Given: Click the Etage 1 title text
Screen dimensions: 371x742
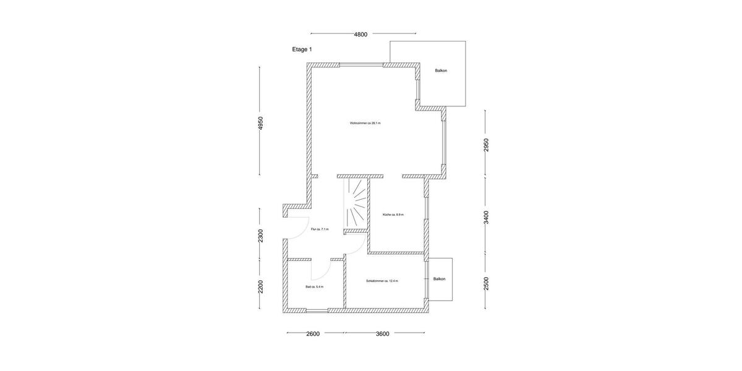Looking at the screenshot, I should click(302, 49).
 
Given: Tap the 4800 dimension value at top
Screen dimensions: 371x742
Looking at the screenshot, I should click(360, 35).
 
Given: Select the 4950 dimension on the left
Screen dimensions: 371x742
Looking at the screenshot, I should click(261, 123).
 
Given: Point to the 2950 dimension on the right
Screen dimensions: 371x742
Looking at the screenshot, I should click(486, 145).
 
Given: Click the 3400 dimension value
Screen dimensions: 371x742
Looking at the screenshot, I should click(486, 217).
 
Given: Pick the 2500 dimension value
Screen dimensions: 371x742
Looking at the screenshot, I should click(486, 283).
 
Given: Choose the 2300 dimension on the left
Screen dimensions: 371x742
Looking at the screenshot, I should click(261, 236).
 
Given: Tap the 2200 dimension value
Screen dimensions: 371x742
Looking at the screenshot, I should click(261, 287).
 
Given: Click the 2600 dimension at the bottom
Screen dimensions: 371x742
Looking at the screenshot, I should click(313, 334).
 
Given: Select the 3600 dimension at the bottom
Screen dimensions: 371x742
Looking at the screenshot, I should click(383, 334).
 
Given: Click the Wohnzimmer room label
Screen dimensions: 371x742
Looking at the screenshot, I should click(365, 123).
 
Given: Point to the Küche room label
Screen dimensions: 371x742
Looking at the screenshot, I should click(393, 215).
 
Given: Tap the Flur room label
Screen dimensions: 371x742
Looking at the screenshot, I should click(320, 229).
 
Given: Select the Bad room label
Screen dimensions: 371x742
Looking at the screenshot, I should click(315, 287).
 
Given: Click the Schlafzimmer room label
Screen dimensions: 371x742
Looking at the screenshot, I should click(382, 281).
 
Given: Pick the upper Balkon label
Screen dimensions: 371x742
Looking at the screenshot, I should click(441, 70).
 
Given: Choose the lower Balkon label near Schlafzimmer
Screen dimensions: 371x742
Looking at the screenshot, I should click(439, 279).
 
